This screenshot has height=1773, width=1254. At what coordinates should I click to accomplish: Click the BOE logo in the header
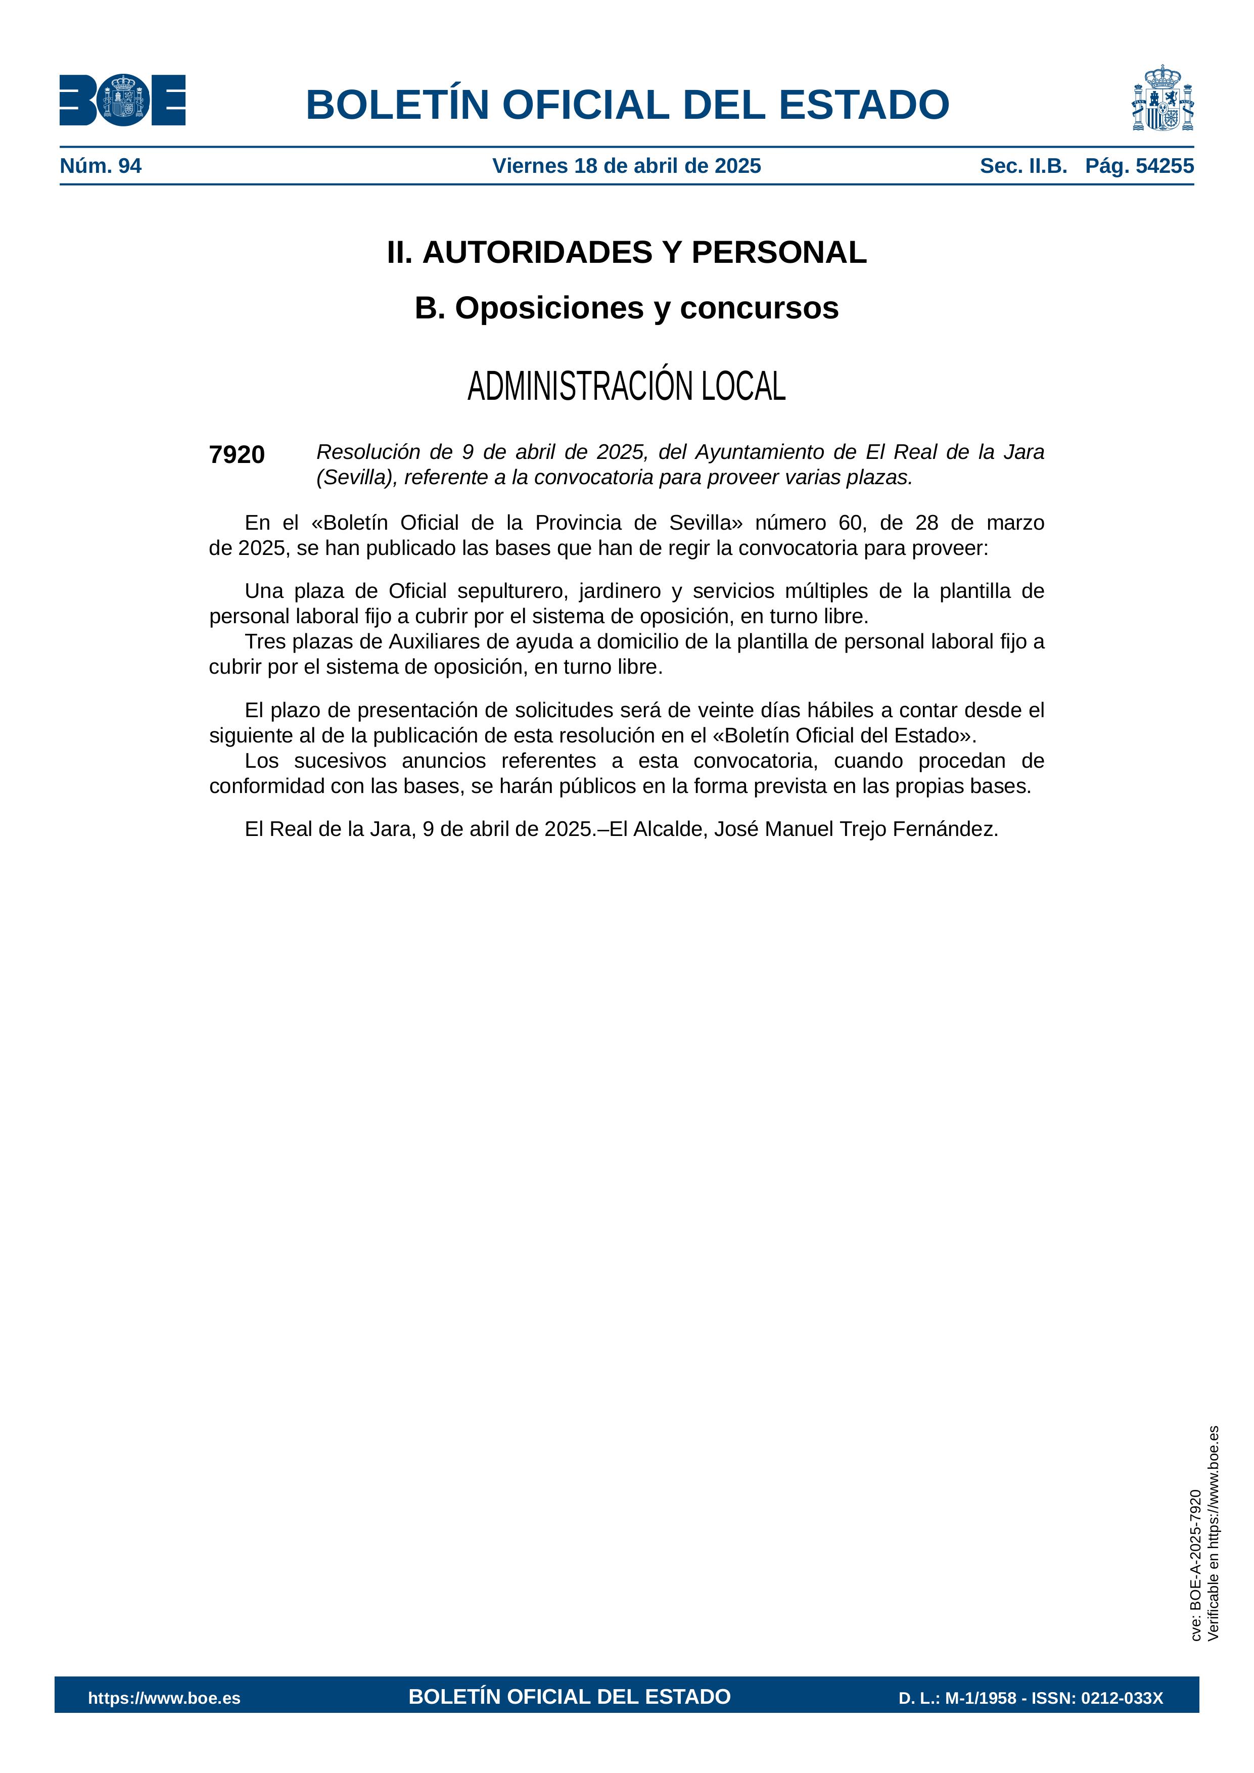pyautogui.click(x=122, y=101)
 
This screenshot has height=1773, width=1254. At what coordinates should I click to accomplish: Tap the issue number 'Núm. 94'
pyautogui.click(x=101, y=166)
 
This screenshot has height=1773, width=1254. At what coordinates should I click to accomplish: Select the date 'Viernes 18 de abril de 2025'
pyautogui.click(x=626, y=166)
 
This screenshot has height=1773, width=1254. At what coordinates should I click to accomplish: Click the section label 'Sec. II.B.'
pyautogui.click(x=1023, y=166)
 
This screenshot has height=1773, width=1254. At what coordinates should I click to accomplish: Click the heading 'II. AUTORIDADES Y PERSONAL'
pyautogui.click(x=626, y=253)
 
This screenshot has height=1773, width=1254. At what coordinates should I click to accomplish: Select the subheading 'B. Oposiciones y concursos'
pyautogui.click(x=626, y=308)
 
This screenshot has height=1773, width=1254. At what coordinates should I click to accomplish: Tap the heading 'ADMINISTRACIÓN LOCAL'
pyautogui.click(x=626, y=386)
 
